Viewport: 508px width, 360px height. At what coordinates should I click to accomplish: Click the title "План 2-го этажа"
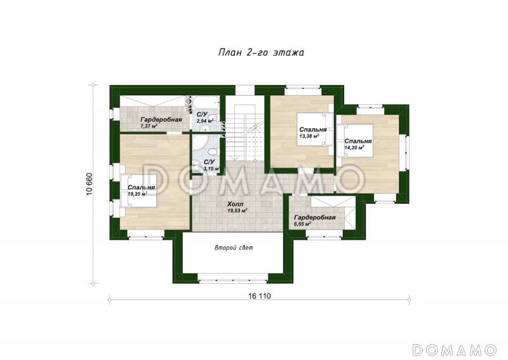tap(261, 53)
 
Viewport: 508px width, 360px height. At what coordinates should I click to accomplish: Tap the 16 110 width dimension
tap(259, 296)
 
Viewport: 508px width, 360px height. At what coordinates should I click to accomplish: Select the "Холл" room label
tap(235, 204)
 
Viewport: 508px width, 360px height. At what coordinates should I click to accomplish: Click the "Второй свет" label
tap(234, 248)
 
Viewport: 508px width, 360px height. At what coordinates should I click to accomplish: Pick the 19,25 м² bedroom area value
tap(138, 194)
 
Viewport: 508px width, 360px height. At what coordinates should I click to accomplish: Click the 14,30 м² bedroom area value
tap(354, 147)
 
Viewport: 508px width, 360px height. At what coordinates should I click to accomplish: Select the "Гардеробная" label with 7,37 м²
tap(161, 119)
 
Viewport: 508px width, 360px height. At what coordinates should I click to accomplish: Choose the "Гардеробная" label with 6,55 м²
tap(314, 218)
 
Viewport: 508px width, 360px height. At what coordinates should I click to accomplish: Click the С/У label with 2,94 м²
tap(202, 115)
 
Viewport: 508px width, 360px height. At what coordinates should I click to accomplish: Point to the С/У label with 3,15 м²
tap(209, 162)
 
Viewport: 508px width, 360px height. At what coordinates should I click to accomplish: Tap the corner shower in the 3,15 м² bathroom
tap(198, 143)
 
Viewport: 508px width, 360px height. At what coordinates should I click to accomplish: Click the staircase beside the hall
tap(245, 132)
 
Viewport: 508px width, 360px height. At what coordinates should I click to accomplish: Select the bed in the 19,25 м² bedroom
tap(138, 190)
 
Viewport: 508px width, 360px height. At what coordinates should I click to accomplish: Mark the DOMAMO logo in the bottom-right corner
tap(455, 350)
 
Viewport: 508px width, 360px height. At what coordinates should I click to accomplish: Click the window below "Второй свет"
tap(233, 278)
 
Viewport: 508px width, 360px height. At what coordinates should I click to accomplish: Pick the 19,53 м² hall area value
tap(238, 211)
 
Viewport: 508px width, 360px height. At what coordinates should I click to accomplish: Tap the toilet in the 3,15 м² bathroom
tap(212, 152)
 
